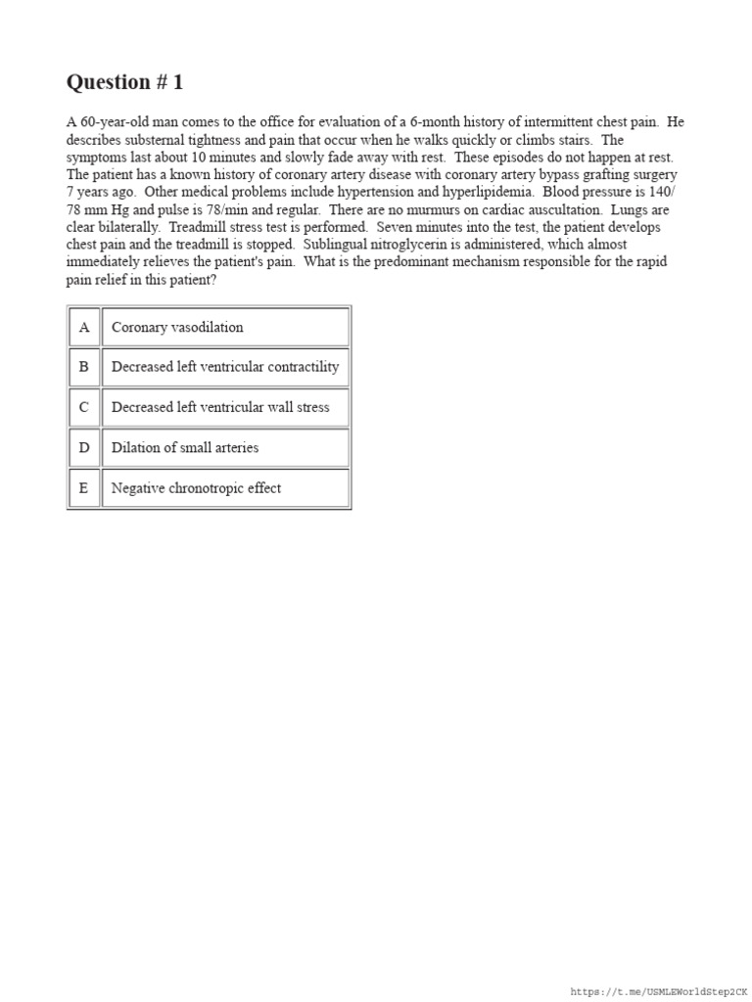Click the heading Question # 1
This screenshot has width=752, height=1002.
tap(124, 82)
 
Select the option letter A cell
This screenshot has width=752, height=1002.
tap(84, 327)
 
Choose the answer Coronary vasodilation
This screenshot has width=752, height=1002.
tap(177, 327)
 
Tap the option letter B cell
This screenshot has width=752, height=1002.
tap(84, 367)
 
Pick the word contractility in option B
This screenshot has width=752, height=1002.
tap(299, 367)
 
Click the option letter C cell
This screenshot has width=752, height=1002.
tap(84, 407)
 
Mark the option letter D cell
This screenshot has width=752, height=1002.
tap(84, 447)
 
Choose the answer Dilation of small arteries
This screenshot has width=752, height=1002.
tap(185, 447)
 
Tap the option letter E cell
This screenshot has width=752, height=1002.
tap(84, 487)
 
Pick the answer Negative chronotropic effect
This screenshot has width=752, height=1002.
tap(196, 487)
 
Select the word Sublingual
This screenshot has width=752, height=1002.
tap(337, 245)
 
